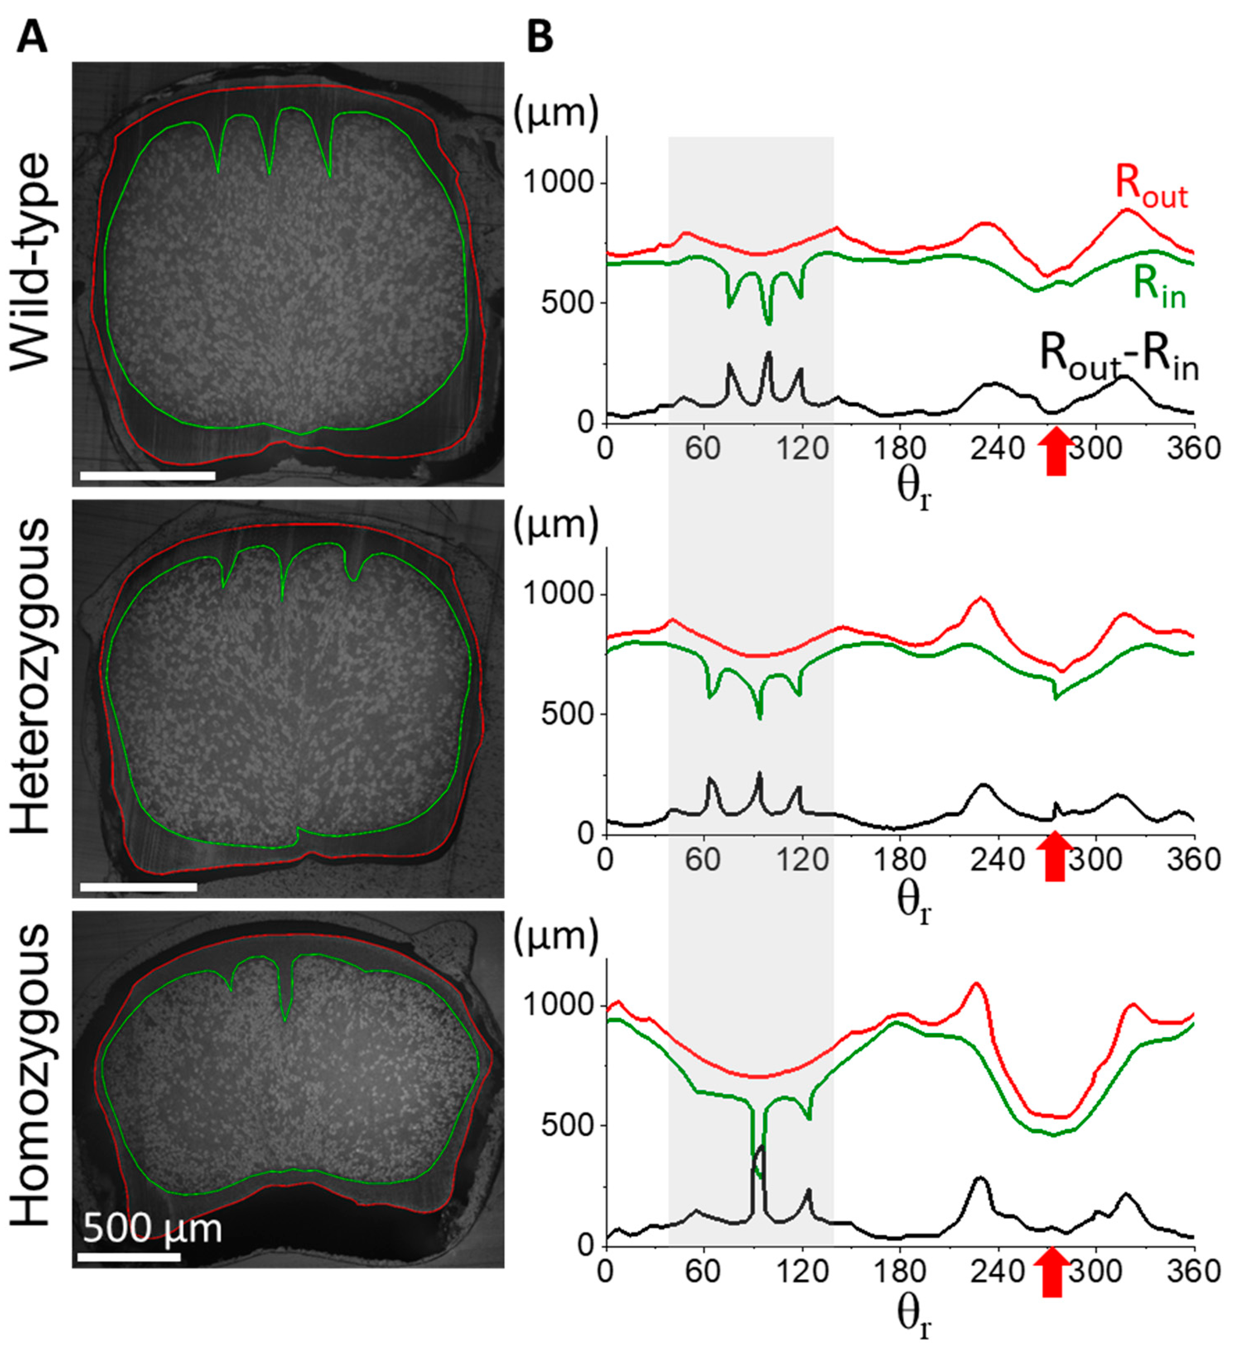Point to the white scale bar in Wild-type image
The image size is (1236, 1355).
coord(147,476)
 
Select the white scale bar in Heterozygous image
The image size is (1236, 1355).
coord(138,886)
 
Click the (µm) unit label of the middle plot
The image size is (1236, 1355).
coord(555,526)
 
